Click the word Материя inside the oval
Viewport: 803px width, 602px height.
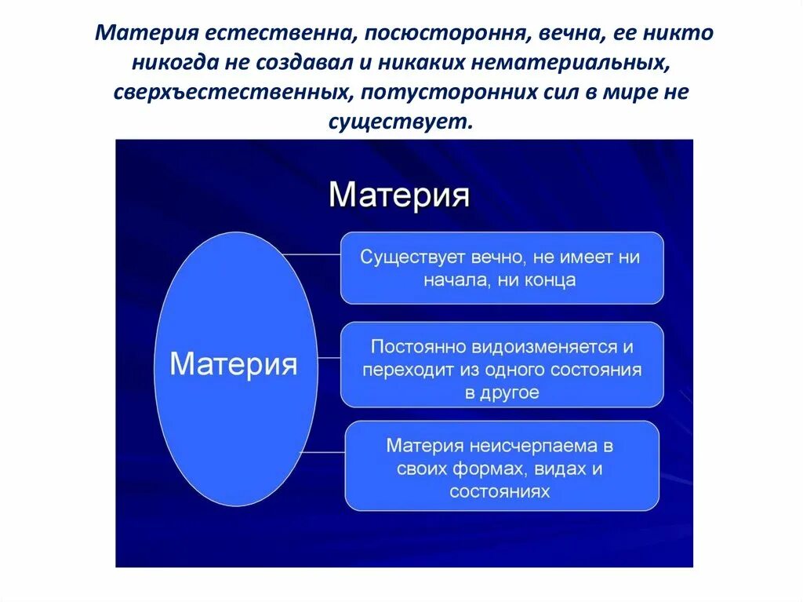pos(234,366)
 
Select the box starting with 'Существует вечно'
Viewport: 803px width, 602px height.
pos(501,268)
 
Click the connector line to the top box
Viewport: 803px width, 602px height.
pos(311,254)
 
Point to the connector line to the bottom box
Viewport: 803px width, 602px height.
pos(322,453)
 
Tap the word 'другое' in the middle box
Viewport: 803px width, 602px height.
pos(512,392)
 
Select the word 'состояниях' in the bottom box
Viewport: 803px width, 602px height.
pos(500,491)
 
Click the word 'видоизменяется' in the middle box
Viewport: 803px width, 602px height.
pos(544,346)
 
